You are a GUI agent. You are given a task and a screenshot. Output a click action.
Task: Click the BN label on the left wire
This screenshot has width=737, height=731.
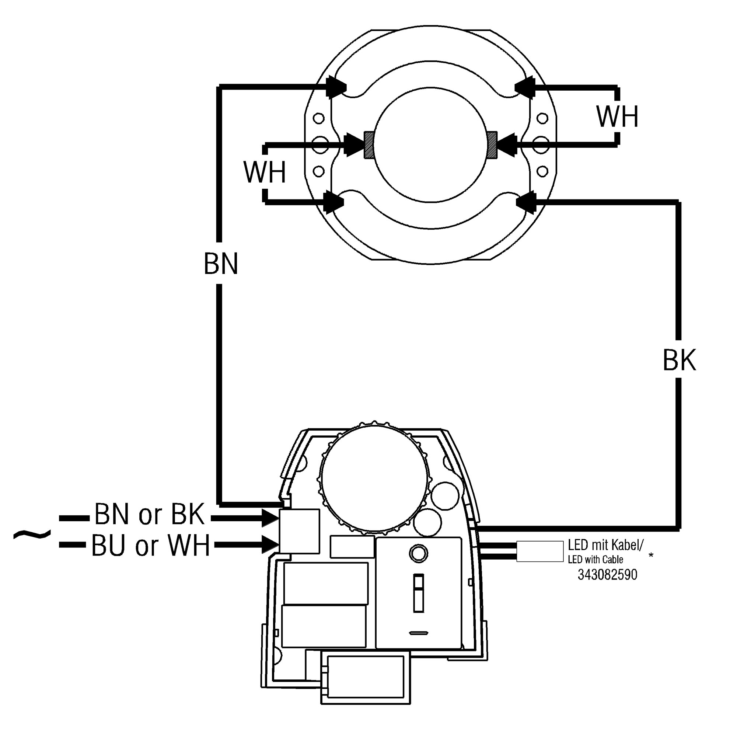click(221, 264)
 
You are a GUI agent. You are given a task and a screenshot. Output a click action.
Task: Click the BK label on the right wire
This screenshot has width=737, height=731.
click(680, 360)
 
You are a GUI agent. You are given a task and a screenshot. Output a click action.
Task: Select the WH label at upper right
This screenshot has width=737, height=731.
click(618, 116)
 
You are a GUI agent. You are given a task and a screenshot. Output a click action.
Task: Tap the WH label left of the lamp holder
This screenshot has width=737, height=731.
click(265, 173)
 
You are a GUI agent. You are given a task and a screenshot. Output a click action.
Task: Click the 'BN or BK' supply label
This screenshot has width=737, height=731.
click(150, 514)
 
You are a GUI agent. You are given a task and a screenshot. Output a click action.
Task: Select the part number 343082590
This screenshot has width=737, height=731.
click(607, 575)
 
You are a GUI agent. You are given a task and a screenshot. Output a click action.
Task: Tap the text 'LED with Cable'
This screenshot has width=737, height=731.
click(595, 560)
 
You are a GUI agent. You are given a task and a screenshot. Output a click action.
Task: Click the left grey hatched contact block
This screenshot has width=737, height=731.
click(369, 145)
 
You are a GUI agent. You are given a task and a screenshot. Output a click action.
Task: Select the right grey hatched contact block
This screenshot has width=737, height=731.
click(492, 145)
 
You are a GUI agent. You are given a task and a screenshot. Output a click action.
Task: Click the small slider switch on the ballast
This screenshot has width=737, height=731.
click(419, 592)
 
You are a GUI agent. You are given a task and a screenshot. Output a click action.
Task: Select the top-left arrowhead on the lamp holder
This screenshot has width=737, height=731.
click(336, 87)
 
